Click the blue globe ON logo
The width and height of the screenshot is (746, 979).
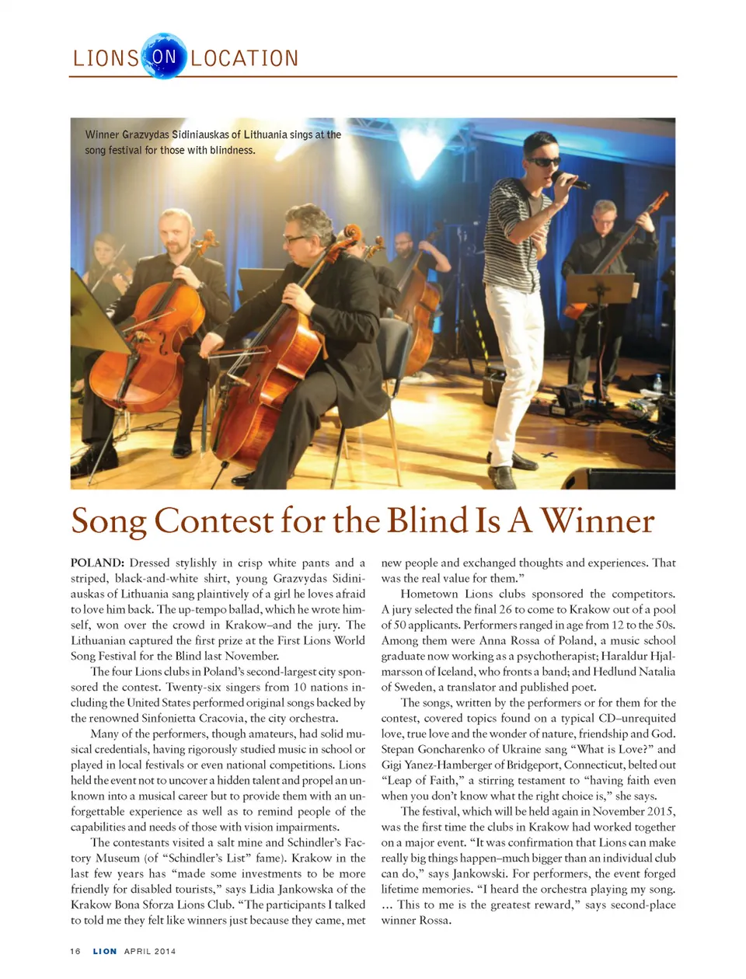tap(164, 56)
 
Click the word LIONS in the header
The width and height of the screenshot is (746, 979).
tap(106, 59)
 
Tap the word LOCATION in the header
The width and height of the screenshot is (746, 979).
tap(245, 59)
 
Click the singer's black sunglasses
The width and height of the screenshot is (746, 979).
tap(543, 162)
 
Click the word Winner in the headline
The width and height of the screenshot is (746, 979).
tap(598, 521)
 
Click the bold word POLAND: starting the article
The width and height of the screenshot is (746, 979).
tap(97, 563)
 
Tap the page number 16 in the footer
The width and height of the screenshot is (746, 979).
tap(75, 951)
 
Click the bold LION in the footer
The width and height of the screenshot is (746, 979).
tap(105, 951)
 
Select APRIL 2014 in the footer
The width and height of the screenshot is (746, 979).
tap(150, 951)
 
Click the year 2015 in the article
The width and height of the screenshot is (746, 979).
tap(660, 811)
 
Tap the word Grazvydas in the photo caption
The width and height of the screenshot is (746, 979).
tap(145, 134)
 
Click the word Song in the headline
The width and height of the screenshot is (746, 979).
tap(108, 521)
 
